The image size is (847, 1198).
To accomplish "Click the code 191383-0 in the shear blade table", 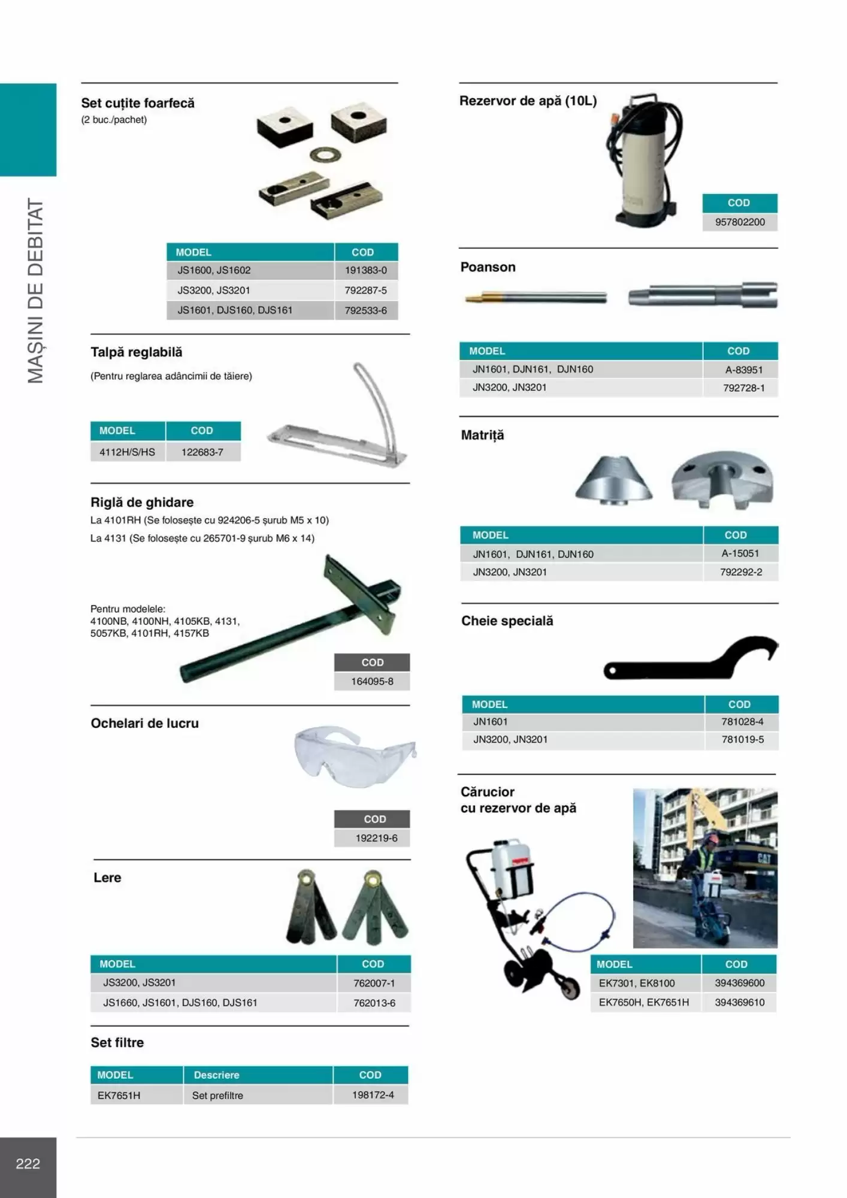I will pyautogui.click(x=365, y=270).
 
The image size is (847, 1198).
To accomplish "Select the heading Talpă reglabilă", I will pyautogui.click(x=137, y=352).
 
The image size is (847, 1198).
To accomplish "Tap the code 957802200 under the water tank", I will pyautogui.click(x=740, y=222).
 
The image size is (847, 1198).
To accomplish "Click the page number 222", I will pyautogui.click(x=28, y=1164).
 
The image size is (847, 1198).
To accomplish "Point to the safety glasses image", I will pyautogui.click(x=354, y=757).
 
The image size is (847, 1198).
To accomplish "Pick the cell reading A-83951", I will pyautogui.click(x=743, y=370).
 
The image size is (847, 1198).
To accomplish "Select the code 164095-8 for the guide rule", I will pyautogui.click(x=372, y=682).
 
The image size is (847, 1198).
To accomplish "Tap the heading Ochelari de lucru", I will pyautogui.click(x=144, y=724).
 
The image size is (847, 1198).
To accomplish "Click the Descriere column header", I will pyautogui.click(x=216, y=1075).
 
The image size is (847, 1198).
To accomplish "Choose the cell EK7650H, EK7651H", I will pyautogui.click(x=643, y=1003).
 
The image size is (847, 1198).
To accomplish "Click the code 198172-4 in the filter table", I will pyautogui.click(x=373, y=1095).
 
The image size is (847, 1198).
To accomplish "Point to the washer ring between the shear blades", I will pyautogui.click(x=325, y=156).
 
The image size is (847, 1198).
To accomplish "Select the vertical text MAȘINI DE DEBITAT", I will pyautogui.click(x=36, y=291).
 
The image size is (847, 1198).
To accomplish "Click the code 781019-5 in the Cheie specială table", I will pyautogui.click(x=742, y=740).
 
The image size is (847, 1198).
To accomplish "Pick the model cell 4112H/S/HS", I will pyautogui.click(x=127, y=452).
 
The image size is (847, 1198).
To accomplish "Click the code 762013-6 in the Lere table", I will pyautogui.click(x=374, y=1003).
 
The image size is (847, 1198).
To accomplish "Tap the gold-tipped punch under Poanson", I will pyautogui.click(x=535, y=297).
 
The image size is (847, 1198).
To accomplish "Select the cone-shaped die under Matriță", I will pyautogui.click(x=613, y=479).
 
